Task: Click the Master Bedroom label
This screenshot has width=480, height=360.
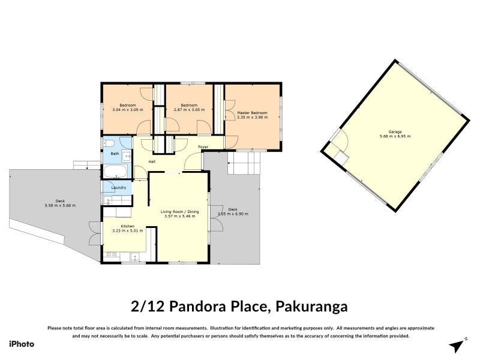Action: (252, 113)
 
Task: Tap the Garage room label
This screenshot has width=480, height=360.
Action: (395, 131)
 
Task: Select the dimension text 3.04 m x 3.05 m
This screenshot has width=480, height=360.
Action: (127, 110)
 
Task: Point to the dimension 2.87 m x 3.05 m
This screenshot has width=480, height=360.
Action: (189, 110)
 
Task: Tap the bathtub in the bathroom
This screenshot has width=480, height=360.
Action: (114, 172)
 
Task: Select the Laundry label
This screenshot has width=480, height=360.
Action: (118, 188)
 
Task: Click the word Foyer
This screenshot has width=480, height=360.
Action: (203, 146)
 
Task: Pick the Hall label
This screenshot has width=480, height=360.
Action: (152, 161)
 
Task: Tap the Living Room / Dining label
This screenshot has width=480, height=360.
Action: (179, 211)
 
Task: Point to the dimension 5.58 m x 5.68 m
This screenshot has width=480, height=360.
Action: (60, 206)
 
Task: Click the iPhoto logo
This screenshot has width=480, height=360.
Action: (21, 344)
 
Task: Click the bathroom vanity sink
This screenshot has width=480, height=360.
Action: (127, 156)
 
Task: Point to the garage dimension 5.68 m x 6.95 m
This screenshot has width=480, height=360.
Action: (395, 136)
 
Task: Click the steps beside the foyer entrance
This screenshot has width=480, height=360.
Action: (244, 162)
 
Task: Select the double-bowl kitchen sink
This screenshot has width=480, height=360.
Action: (110, 256)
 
